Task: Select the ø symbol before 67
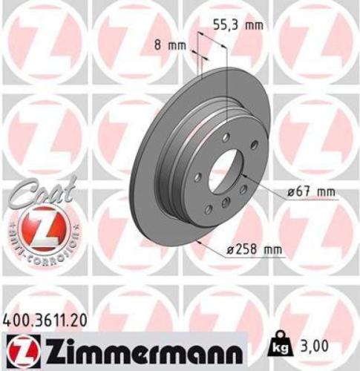tap(292, 192)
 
